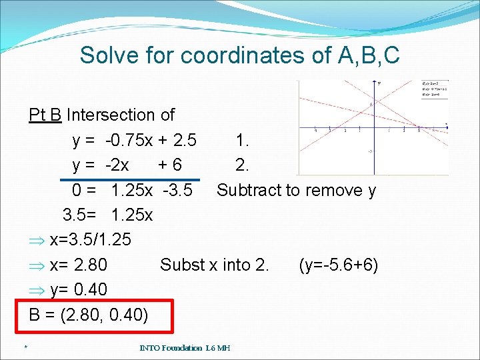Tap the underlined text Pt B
click(45, 115)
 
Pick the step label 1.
click(243, 141)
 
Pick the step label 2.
click(243, 165)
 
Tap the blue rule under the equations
click(129, 179)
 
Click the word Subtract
click(249, 191)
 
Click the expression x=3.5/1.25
click(90, 240)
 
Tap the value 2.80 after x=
click(90, 265)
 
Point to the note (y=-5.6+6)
click(339, 265)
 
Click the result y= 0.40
click(78, 290)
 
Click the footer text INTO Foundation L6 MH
click(185, 348)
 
